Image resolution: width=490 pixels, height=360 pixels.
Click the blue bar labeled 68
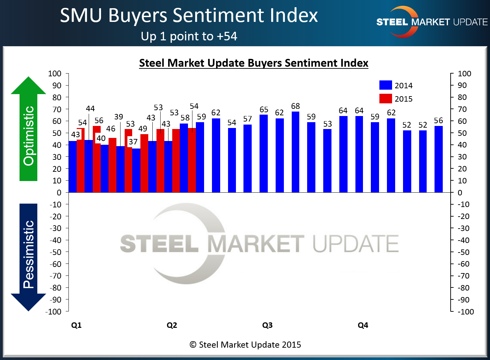(x=296, y=152)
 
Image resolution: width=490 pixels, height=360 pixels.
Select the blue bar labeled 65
(x=264, y=154)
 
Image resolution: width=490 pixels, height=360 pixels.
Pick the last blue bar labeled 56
(x=439, y=159)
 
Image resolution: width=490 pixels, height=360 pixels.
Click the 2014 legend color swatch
(x=386, y=85)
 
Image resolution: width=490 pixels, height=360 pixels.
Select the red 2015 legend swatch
(x=386, y=99)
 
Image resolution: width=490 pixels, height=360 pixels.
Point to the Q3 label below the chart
(x=267, y=325)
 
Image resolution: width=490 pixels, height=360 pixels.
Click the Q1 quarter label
(x=76, y=325)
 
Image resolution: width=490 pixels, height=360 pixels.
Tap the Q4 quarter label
(x=363, y=325)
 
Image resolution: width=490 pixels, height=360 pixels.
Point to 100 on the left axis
(x=55, y=74)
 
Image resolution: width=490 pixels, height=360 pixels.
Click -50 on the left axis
(x=55, y=252)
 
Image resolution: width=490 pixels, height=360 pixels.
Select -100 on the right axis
(x=466, y=312)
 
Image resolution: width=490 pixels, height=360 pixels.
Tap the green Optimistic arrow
(x=29, y=130)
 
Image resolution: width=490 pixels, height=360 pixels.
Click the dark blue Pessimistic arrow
(x=28, y=257)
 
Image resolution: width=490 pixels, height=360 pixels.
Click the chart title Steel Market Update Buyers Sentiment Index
(x=253, y=63)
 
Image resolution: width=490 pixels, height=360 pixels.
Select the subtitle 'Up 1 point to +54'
(x=189, y=36)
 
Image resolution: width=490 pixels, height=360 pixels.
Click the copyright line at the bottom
(x=245, y=345)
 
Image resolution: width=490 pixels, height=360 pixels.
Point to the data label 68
(x=296, y=106)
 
